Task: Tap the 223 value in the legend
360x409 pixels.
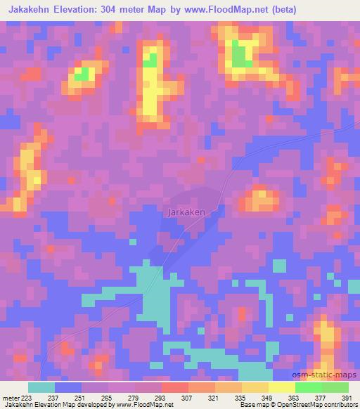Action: click(27, 397)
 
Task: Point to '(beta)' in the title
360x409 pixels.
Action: click(280, 10)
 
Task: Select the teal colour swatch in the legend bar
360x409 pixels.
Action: click(41, 387)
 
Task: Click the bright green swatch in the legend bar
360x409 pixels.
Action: click(309, 387)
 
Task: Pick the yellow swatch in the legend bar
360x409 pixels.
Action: click(282, 387)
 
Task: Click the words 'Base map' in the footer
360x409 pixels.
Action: click(252, 405)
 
